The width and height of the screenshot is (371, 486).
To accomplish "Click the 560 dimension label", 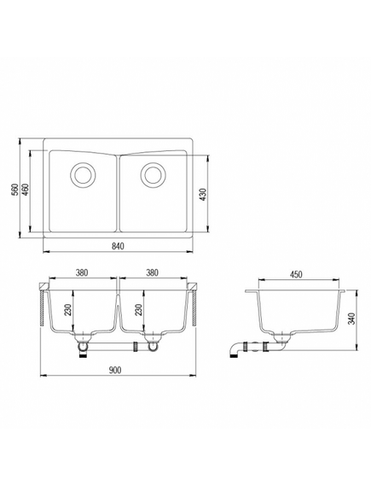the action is pyautogui.click(x=14, y=189).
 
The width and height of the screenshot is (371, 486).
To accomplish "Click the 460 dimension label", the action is pyautogui.click(x=26, y=189).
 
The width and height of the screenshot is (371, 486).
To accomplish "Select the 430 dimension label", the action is pyautogui.click(x=203, y=195).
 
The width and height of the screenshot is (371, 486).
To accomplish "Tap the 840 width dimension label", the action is pyautogui.click(x=118, y=246).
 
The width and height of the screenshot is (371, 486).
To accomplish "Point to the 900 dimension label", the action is pyautogui.click(x=115, y=370).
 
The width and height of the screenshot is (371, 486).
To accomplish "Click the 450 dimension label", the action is pyautogui.click(x=296, y=275).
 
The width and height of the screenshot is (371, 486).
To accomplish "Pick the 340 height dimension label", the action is pyautogui.click(x=351, y=319).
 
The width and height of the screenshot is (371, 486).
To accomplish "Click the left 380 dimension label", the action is pyautogui.click(x=82, y=272).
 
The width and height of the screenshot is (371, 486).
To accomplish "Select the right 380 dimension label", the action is pyautogui.click(x=152, y=272).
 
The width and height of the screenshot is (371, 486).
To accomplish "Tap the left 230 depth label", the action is pyautogui.click(x=67, y=309).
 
